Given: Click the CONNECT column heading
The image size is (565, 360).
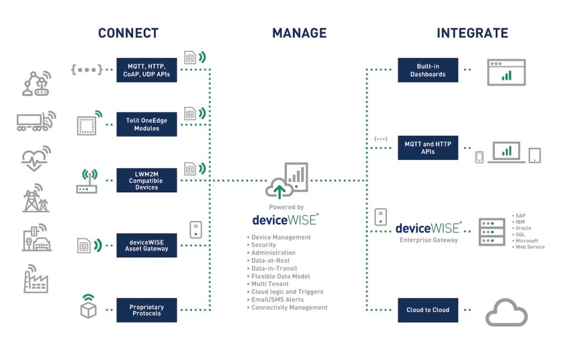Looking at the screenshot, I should pyautogui.click(x=128, y=33).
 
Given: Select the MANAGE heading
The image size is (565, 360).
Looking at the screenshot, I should pyautogui.click(x=299, y=33).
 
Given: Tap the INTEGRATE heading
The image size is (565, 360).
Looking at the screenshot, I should pyautogui.click(x=472, y=33).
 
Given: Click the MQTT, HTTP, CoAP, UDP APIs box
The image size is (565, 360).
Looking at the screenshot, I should pyautogui.click(x=147, y=70).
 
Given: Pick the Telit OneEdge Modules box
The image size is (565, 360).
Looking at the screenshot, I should pyautogui.click(x=147, y=124).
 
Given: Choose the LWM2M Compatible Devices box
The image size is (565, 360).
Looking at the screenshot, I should pyautogui.click(x=147, y=180).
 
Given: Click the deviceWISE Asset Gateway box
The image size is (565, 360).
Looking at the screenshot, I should pyautogui.click(x=147, y=245).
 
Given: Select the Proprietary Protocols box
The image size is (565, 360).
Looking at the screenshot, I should pyautogui.click(x=147, y=310).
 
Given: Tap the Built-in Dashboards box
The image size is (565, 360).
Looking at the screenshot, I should pyautogui.click(x=428, y=70).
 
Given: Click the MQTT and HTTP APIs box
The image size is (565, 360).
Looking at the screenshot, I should pyautogui.click(x=428, y=147).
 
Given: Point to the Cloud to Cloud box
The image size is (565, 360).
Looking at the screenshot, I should pyautogui.click(x=428, y=310).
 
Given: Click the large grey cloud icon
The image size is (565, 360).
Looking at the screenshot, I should pyautogui.click(x=507, y=313).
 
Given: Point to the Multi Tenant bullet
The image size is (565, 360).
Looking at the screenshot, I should pyautogui.click(x=270, y=284).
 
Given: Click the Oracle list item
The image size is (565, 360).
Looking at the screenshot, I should pyautogui.click(x=522, y=228).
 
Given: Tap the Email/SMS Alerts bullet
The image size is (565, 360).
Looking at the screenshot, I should pyautogui.click(x=277, y=300).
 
